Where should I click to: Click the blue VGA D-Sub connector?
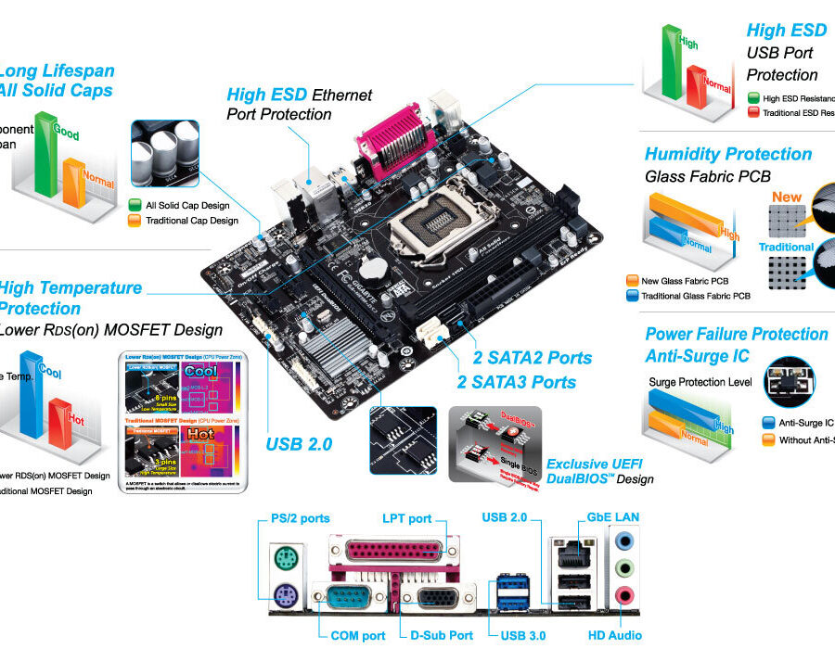pyautogui.click(x=436, y=598)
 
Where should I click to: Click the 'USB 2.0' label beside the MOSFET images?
pyautogui.click(x=299, y=444)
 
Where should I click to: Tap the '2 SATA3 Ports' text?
pyautogui.click(x=516, y=382)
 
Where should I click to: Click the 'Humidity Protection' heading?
pyautogui.click(x=728, y=154)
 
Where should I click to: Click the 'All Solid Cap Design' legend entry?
pyautogui.click(x=186, y=205)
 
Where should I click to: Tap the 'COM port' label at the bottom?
pyautogui.click(x=357, y=636)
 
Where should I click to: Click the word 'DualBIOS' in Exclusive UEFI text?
pyautogui.click(x=577, y=479)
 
